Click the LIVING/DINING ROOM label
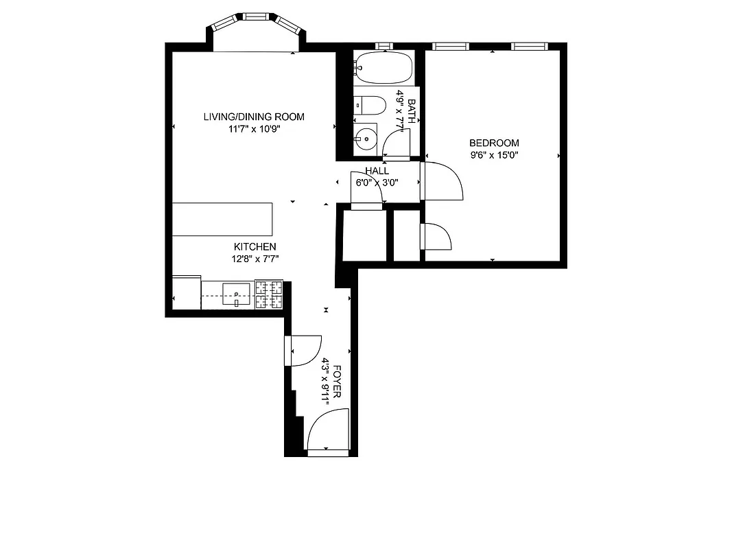tap(253, 117)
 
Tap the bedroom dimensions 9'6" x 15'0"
tap(493, 155)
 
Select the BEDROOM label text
tap(493, 143)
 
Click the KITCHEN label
tap(255, 247)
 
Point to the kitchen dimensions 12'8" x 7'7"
tap(255, 259)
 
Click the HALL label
tap(377, 171)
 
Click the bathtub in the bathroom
tap(383, 67)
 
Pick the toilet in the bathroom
tap(370, 106)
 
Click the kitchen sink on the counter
tap(236, 294)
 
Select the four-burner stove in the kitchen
tap(268, 294)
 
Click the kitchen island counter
tap(222, 219)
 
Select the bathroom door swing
tap(397, 145)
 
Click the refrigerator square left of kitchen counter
tap(186, 294)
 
